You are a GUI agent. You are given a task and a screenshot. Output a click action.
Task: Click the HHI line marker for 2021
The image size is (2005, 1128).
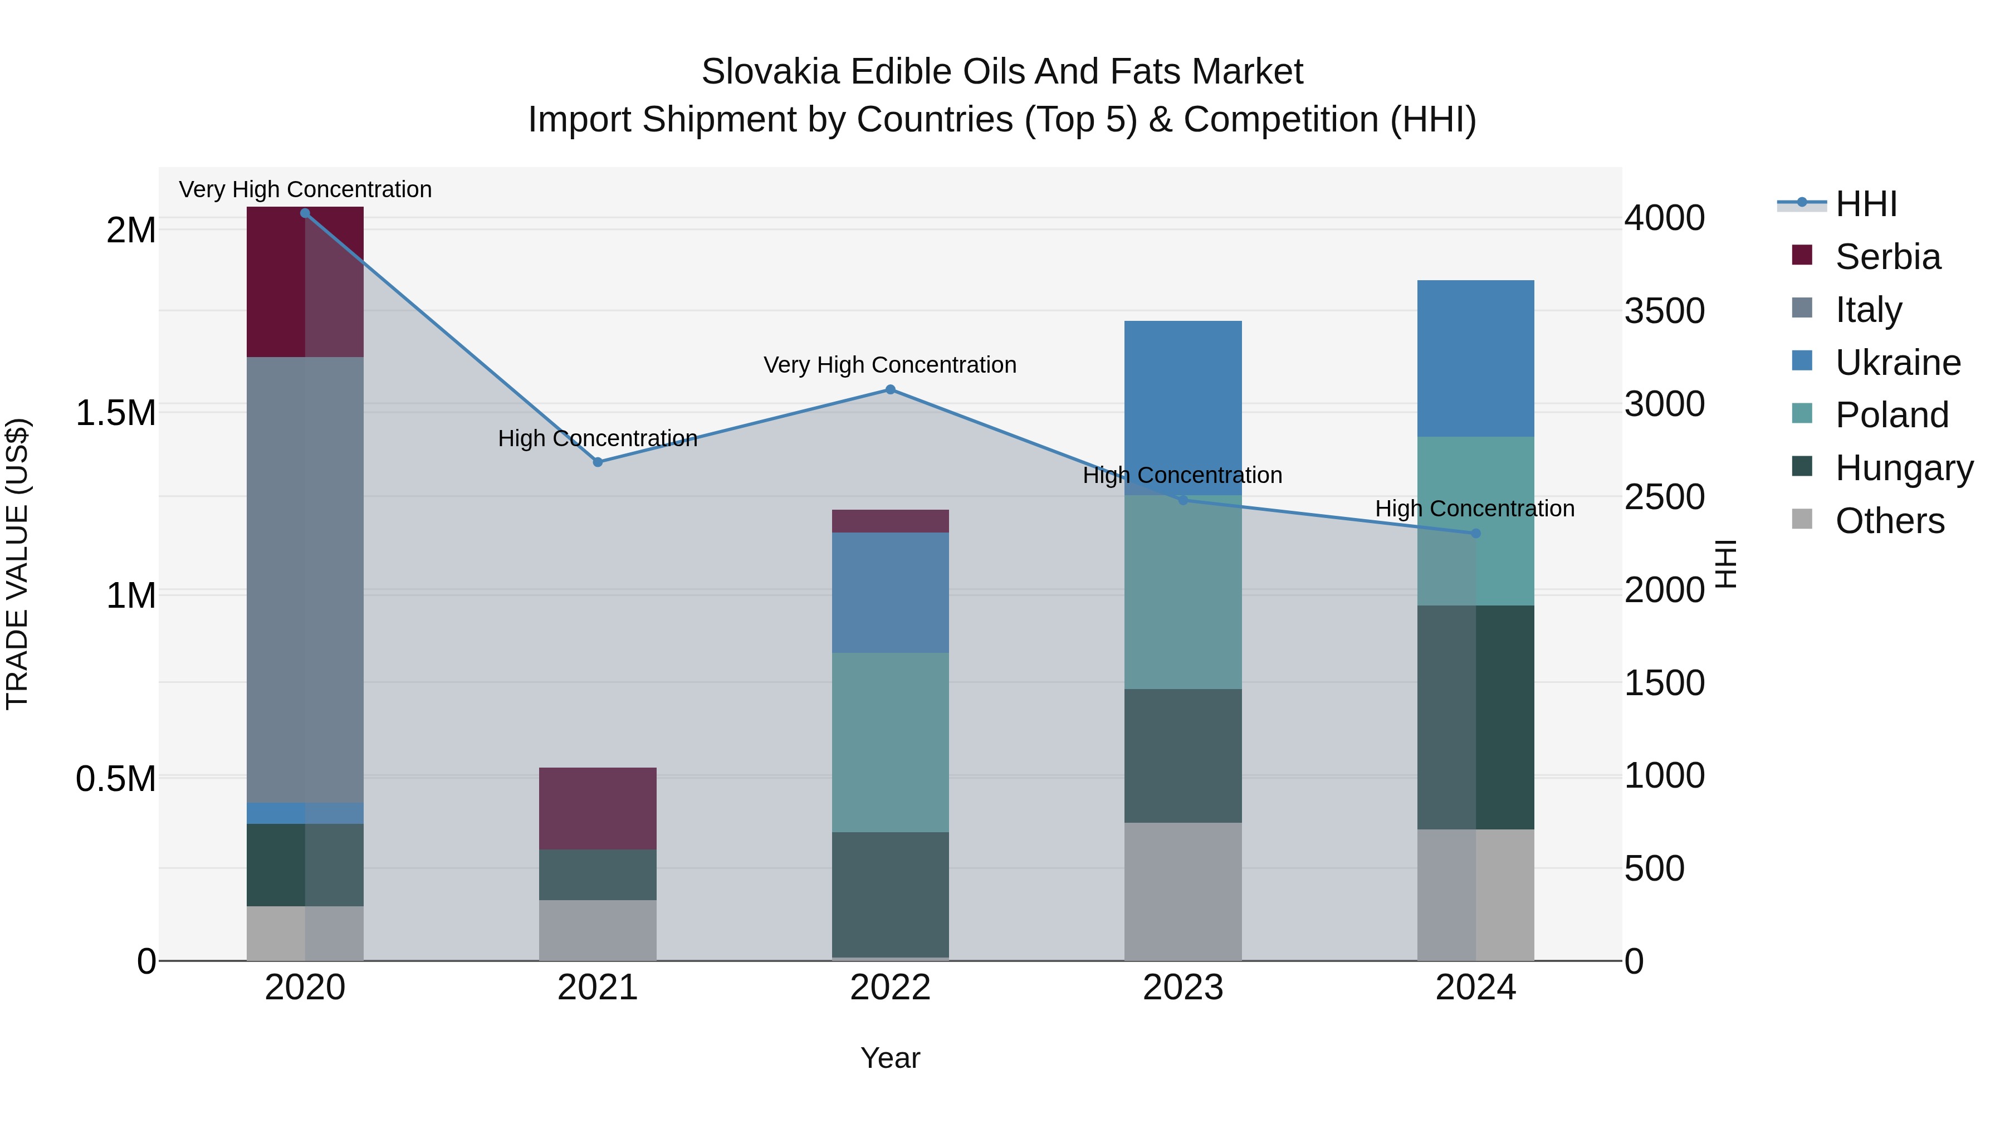pos(598,462)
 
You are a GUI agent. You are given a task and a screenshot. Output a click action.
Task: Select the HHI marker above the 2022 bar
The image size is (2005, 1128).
pos(891,389)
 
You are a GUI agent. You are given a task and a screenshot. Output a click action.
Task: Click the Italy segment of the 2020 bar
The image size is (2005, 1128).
pos(305,580)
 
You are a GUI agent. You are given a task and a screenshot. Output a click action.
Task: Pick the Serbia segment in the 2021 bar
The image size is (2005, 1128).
pos(598,808)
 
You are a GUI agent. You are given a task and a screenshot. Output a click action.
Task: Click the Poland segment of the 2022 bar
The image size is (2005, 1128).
pos(891,742)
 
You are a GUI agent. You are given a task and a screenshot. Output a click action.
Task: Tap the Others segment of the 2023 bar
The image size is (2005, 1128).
pos(1182,891)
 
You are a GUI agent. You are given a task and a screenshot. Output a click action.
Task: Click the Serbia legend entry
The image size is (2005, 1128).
pos(1887,257)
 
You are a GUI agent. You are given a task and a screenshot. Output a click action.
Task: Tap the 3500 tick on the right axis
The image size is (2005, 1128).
pos(1664,311)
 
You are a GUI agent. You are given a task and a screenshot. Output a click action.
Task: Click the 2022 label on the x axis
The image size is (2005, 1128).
pos(891,988)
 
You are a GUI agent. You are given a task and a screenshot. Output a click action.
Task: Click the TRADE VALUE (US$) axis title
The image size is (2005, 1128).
pos(17,564)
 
